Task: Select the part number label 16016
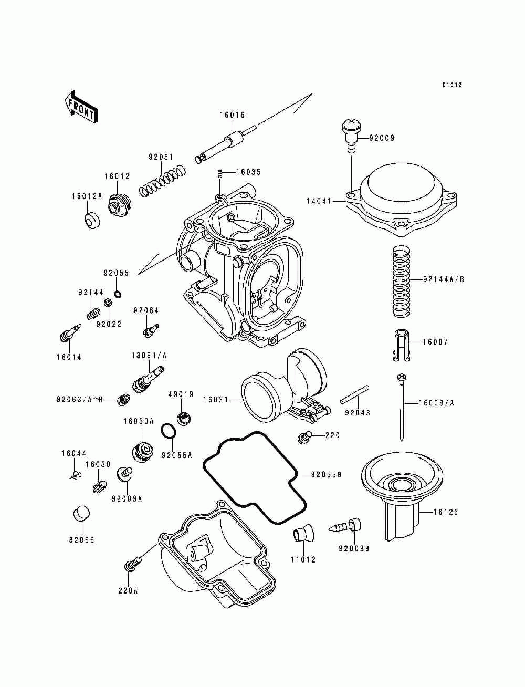[x=232, y=115]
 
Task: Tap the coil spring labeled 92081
[x=163, y=181]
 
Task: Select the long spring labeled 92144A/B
[x=402, y=282]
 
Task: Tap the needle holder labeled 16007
[x=402, y=345]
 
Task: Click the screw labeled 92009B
[x=343, y=525]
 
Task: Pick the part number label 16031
[x=215, y=400]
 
